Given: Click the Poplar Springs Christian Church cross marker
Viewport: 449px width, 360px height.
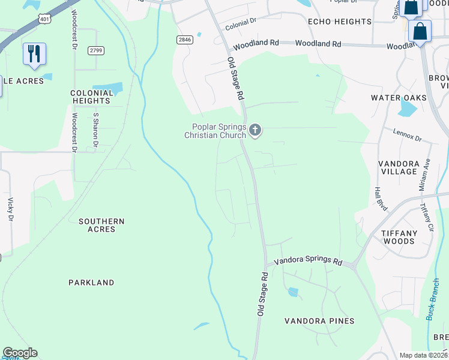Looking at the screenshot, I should coord(256,130).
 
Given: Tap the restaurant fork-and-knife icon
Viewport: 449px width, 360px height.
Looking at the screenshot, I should coord(34,53).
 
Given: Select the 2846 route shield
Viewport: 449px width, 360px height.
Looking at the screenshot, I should coord(184,40).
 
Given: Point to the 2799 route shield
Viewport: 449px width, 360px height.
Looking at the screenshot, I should coord(95,50).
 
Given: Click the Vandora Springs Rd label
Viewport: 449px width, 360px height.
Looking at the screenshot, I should coord(308,262).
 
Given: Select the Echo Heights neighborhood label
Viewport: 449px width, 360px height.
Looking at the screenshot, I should coord(340,22).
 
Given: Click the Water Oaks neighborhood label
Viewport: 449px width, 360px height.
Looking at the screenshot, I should coord(399,98).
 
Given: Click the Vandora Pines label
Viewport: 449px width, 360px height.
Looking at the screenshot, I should coord(319,321).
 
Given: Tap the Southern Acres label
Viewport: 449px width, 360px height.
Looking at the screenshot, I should coord(101,225).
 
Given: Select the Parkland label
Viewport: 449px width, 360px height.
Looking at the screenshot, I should coord(91,282).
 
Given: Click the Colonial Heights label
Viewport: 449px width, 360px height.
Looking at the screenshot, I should coord(92,97).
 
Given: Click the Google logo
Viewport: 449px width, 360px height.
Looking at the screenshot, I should coord(20,353).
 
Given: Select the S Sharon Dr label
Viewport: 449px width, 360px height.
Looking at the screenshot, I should coord(95,130).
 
